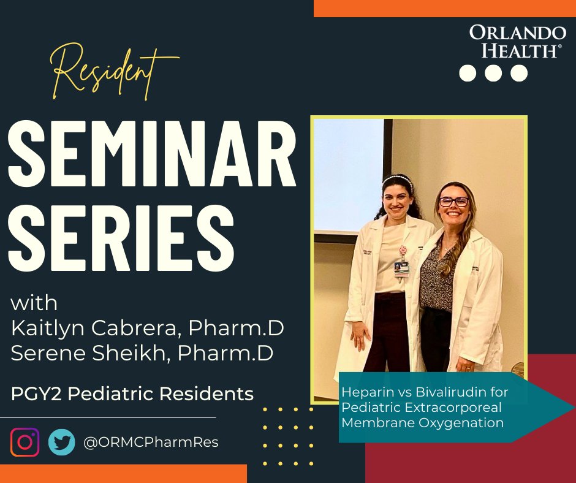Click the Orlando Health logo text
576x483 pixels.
(x=517, y=42)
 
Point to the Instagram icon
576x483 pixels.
(x=25, y=442)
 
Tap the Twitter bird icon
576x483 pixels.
(x=62, y=442)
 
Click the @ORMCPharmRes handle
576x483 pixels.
(x=150, y=442)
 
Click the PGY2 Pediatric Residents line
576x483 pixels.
(x=132, y=394)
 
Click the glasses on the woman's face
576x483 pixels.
(x=454, y=202)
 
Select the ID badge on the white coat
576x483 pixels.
(x=402, y=267)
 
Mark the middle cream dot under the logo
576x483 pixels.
(x=493, y=73)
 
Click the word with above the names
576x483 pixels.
(x=34, y=303)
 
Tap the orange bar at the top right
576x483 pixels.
(x=444, y=8)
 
